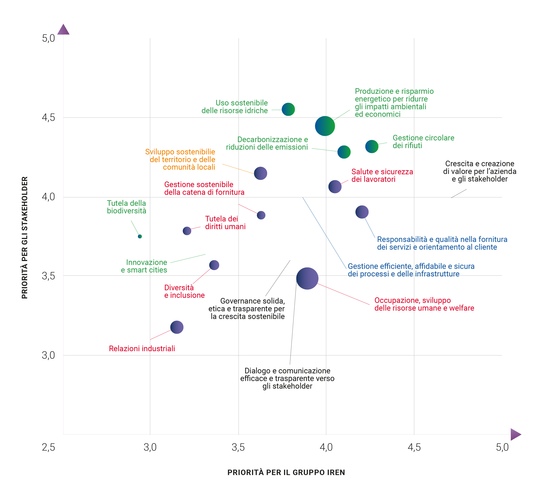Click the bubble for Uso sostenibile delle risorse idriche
click(288, 109)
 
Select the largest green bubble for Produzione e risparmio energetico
click(325, 126)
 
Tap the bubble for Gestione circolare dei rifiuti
click(372, 146)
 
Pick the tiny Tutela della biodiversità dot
click(140, 236)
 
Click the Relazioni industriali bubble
click(177, 327)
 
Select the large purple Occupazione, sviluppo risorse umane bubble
click(307, 278)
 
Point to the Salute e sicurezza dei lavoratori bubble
click(335, 186)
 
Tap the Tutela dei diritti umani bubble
click(187, 231)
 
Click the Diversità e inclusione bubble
click(214, 265)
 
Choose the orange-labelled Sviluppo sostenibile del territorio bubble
click(260, 173)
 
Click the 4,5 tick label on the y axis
click(48, 118)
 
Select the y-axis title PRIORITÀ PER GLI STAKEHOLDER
click(25, 238)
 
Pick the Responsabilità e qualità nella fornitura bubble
click(362, 212)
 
